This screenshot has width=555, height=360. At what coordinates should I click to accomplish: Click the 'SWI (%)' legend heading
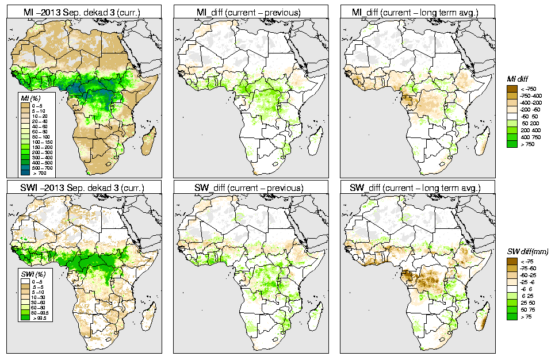pyautogui.click(x=31, y=271)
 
